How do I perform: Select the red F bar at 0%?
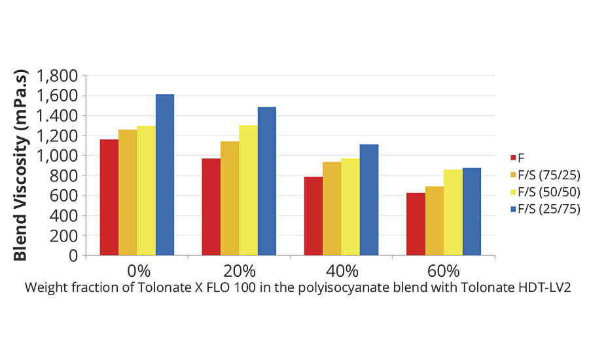(109, 197)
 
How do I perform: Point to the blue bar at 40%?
(369, 200)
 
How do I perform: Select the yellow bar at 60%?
(453, 212)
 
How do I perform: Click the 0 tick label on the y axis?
(73, 256)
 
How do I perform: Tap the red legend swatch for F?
(513, 158)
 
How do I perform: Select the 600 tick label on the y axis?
(64, 196)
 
